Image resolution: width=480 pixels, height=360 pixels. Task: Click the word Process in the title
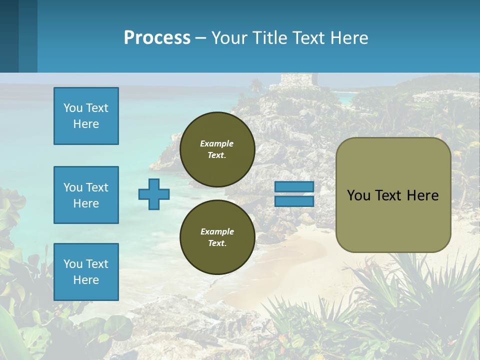(x=157, y=38)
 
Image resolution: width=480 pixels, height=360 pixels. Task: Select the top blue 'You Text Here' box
(x=86, y=116)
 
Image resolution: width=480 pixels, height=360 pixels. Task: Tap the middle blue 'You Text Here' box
(x=86, y=195)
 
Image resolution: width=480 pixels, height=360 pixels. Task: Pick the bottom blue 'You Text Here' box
(x=86, y=272)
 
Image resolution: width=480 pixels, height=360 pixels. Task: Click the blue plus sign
(x=154, y=194)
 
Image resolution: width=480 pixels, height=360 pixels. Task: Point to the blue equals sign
(x=294, y=194)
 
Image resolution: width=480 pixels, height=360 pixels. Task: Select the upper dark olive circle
(x=217, y=149)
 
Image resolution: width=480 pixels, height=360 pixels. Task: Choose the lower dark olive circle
(x=217, y=237)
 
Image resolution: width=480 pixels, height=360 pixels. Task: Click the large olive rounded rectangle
(x=393, y=195)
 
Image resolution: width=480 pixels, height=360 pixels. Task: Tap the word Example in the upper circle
(x=216, y=143)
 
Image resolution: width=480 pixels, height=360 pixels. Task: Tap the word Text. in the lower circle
(x=217, y=243)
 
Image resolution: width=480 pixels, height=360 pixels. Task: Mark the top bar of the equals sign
(x=294, y=187)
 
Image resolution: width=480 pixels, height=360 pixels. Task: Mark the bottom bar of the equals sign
(x=294, y=201)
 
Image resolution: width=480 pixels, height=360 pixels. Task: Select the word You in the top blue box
(x=73, y=108)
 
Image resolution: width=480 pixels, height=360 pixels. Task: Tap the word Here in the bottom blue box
(x=86, y=280)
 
